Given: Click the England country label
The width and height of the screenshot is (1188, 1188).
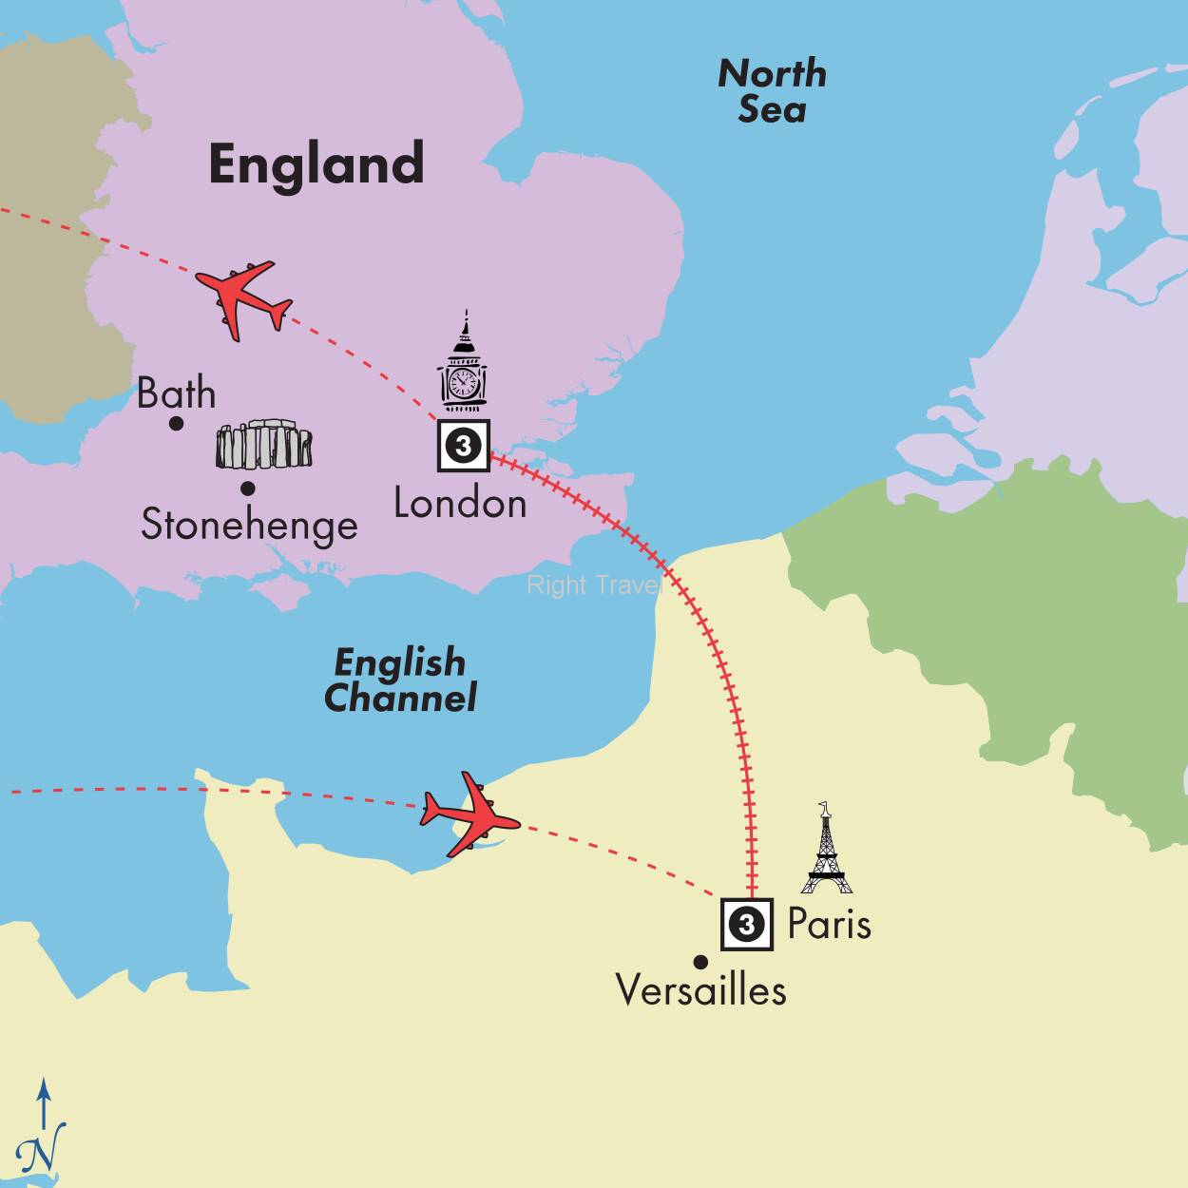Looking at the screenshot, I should (316, 163).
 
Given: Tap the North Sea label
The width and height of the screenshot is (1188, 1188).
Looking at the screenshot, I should (772, 91).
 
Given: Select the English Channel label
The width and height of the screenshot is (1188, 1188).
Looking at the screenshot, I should (400, 680).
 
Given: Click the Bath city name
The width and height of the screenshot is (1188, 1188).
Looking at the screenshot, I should (177, 393).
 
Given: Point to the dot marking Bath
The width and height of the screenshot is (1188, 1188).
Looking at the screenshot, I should (176, 423).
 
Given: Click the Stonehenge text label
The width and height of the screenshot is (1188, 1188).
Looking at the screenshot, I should (249, 525).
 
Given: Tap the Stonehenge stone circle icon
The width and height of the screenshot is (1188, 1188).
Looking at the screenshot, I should (264, 447).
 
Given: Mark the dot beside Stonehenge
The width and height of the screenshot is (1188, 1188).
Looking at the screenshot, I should (247, 489).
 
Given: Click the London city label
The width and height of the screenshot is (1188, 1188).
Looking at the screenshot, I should (460, 503).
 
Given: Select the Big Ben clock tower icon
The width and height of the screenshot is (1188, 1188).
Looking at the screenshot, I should (464, 362).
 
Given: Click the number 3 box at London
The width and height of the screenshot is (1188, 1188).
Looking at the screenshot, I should (463, 445).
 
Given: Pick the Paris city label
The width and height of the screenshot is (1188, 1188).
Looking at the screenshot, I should (829, 924).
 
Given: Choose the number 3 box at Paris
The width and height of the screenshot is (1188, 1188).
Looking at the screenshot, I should (746, 924).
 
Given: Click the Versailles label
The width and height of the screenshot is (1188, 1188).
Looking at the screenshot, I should (701, 990).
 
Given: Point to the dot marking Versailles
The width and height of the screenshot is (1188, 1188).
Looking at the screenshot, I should (700, 961).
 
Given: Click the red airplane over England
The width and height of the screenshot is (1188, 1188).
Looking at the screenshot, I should (243, 298).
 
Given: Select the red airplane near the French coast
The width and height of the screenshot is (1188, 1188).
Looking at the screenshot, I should (470, 814).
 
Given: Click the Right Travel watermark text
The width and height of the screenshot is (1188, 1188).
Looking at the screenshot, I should (594, 585).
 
